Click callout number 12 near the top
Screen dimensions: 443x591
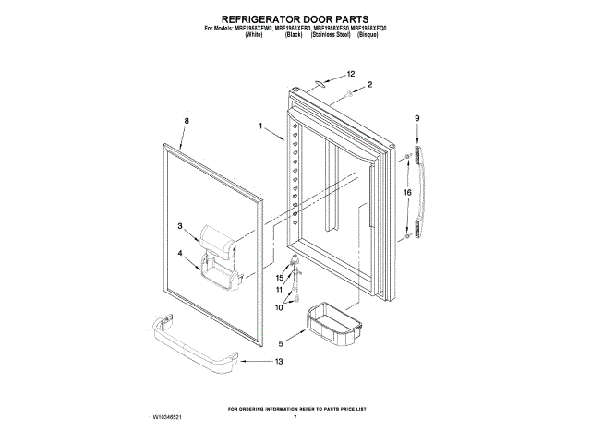(351, 73)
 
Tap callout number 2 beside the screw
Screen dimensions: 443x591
(369, 85)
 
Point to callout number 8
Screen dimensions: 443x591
(187, 121)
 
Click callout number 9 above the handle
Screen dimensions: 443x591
(417, 118)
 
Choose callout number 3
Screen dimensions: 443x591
(182, 225)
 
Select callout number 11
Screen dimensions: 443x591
(279, 290)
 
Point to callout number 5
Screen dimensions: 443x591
(281, 344)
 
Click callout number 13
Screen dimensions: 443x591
(280, 362)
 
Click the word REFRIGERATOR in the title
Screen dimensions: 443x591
(247, 18)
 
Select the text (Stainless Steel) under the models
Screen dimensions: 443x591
(338, 34)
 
